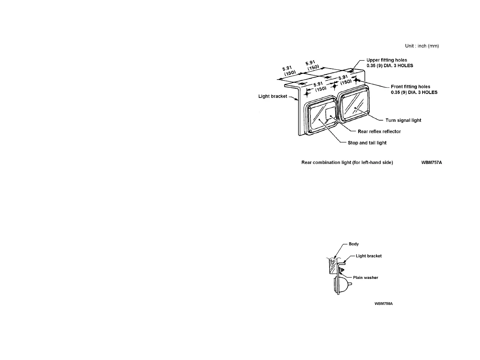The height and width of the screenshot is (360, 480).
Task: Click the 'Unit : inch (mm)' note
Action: pyautogui.click(x=422, y=46)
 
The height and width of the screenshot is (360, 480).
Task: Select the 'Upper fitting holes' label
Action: pyautogui.click(x=387, y=60)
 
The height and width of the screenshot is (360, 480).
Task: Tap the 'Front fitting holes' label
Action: pyautogui.click(x=410, y=87)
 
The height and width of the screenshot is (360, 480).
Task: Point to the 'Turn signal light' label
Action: pyautogui.click(x=403, y=120)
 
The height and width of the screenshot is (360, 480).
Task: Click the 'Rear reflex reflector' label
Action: pyautogui.click(x=379, y=132)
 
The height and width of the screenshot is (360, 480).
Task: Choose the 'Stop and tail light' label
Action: pyautogui.click(x=367, y=143)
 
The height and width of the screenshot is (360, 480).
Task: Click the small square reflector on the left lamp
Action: pyautogui.click(x=330, y=113)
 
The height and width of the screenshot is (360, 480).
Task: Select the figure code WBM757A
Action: pyautogui.click(x=432, y=163)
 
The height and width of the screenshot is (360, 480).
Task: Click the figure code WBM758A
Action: pyautogui.click(x=384, y=304)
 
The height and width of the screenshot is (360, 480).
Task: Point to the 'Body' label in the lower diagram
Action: pyautogui.click(x=354, y=244)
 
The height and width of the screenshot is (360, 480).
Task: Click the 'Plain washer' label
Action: pyautogui.click(x=365, y=278)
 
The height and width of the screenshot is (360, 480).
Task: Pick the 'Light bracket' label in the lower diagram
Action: pyautogui.click(x=368, y=256)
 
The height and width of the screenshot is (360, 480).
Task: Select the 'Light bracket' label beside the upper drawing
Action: pyautogui.click(x=273, y=97)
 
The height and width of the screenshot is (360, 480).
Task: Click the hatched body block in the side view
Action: pyautogui.click(x=333, y=267)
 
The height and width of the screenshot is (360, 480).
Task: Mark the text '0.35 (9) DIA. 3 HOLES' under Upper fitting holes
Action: pyautogui.click(x=390, y=66)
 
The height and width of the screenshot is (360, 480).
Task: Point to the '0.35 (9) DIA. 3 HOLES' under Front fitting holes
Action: pyautogui.click(x=414, y=92)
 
